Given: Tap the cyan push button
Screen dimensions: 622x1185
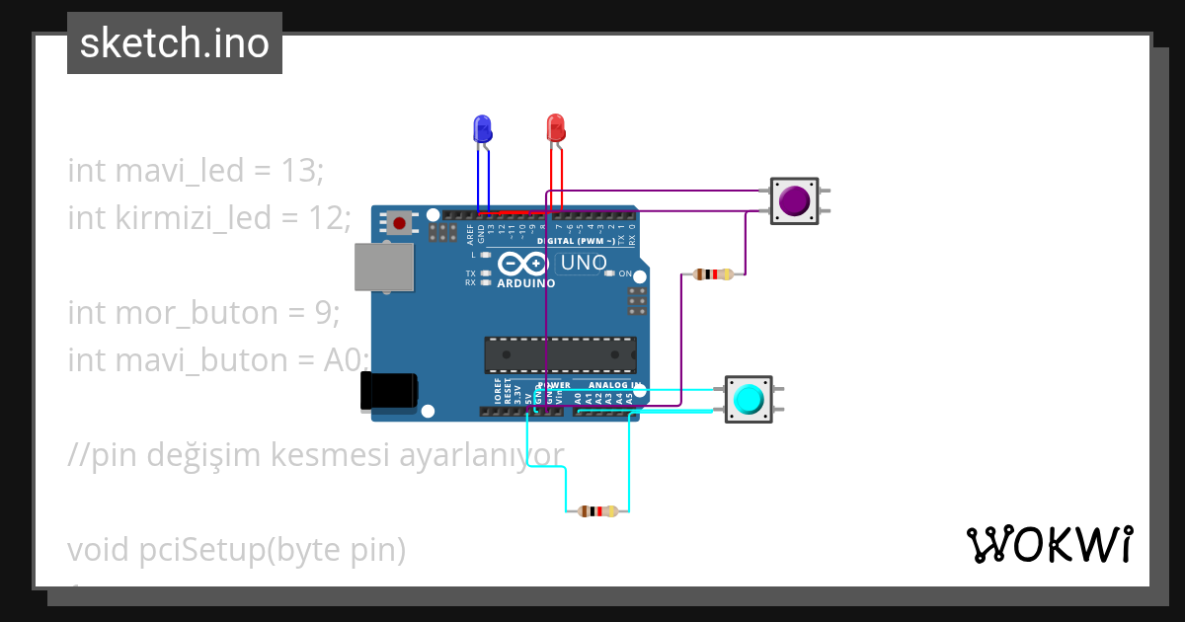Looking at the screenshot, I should tap(749, 399).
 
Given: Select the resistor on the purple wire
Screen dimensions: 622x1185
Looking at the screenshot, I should tap(713, 274).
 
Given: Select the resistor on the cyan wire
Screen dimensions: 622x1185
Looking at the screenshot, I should tap(596, 511).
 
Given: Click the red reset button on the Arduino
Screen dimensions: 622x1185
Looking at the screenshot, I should tap(398, 223).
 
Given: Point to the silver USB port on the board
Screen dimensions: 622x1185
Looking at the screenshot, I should tap(383, 268).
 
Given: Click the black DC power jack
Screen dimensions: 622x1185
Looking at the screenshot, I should tap(389, 391).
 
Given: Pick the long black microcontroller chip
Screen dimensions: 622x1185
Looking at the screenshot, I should tap(559, 354).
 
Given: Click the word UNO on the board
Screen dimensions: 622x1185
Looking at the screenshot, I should tap(583, 264).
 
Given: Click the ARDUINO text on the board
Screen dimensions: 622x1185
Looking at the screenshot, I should tap(525, 283).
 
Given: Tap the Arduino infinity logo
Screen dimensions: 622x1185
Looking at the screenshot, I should tap(522, 264).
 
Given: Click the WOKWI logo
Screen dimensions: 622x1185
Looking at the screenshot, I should tap(1048, 545).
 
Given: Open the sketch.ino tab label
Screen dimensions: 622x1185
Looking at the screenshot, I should tap(175, 43).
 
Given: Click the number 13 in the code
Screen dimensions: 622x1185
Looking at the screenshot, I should tap(298, 171).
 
